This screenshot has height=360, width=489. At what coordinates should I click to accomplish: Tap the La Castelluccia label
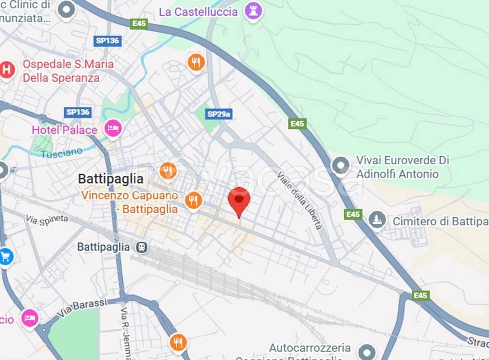click(x=198, y=12)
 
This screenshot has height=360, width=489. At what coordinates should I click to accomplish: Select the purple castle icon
click(x=253, y=11)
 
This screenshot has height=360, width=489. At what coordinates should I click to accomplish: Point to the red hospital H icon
click(x=7, y=70)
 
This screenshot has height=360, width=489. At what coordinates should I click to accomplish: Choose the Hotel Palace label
click(x=64, y=130)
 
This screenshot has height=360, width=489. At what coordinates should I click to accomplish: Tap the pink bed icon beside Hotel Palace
click(x=113, y=128)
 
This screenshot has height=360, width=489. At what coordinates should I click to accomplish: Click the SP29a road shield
click(x=219, y=114)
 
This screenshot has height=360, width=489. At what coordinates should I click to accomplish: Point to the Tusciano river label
click(x=62, y=153)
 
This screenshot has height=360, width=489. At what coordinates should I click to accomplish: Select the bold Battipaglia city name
click(x=111, y=179)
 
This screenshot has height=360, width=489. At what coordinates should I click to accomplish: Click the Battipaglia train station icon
click(x=141, y=247)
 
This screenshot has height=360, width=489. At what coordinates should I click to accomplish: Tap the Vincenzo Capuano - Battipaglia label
click(x=129, y=202)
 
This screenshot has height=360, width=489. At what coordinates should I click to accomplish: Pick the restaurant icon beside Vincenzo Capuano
click(x=193, y=200)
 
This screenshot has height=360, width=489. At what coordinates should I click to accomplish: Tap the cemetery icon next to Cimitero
click(x=377, y=220)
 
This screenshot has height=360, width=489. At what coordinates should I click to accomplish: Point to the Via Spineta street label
click(x=47, y=220)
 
